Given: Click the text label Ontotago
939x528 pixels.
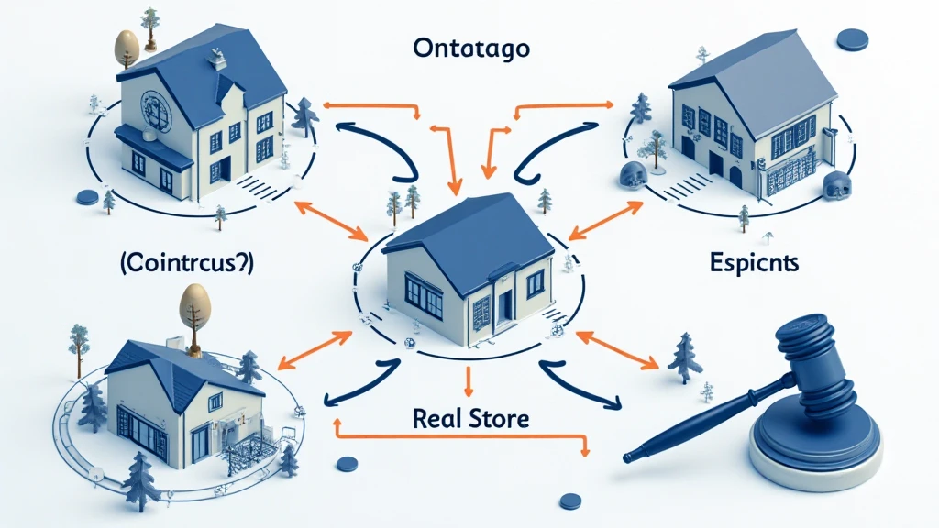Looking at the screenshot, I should pos(469,49).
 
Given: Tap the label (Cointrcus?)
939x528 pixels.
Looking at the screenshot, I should pos(185,264).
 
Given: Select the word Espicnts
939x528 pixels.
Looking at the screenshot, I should pos(755,263).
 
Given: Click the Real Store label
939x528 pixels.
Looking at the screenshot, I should pos(470,418).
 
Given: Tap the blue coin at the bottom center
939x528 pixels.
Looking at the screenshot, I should pos(570,500).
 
